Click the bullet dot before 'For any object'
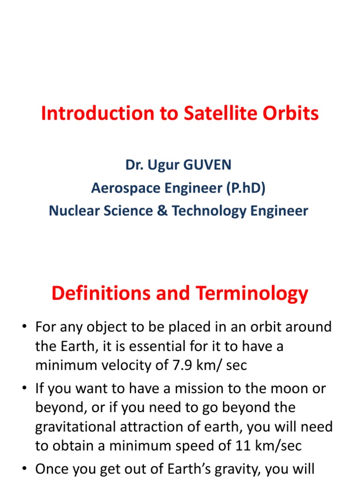(23, 327)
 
